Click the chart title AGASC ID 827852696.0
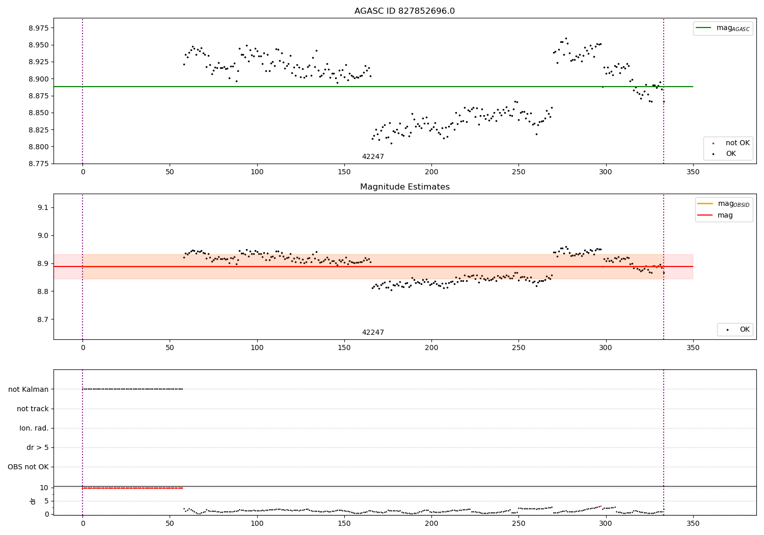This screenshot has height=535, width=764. point(404,11)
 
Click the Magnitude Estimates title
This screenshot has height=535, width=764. point(404,187)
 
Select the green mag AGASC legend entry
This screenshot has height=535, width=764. point(723,29)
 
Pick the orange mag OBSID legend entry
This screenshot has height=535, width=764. point(724,204)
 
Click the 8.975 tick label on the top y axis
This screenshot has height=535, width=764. point(39,28)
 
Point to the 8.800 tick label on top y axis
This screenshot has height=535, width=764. point(39,147)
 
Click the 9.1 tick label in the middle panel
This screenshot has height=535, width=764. point(43,207)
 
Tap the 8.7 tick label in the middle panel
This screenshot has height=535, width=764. point(43,319)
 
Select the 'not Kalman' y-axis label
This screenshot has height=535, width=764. point(29,389)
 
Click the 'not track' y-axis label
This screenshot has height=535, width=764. point(33,409)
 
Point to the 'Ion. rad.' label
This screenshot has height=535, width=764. point(34,428)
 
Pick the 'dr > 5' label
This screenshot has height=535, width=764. point(38,447)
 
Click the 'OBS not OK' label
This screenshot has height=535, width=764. point(28,467)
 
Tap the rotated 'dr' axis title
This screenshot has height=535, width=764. point(33,501)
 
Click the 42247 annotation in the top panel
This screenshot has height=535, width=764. point(373,157)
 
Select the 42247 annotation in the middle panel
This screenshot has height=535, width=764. point(373,333)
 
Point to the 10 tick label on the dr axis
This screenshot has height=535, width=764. point(44,488)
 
